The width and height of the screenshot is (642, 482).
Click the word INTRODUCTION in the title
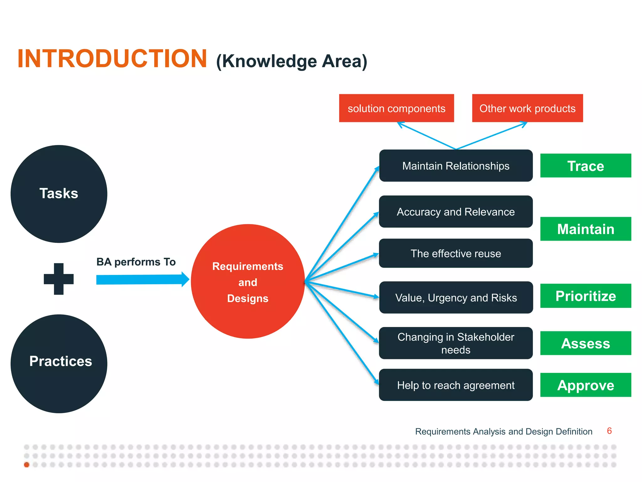[112, 59]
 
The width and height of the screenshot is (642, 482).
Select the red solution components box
[396, 108]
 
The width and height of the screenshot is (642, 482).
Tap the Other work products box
[527, 108]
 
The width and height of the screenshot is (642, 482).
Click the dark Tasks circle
[59, 194]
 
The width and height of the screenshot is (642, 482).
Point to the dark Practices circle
[59, 363]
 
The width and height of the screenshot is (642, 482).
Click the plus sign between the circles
[59, 279]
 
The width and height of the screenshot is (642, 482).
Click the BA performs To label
[136, 262]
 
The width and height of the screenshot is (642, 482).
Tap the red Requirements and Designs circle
[248, 281]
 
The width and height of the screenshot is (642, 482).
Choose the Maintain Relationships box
[456, 166]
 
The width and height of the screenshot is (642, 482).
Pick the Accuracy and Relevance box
[456, 212]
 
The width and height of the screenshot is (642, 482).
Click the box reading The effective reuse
[456, 253]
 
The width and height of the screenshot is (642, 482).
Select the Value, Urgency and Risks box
[456, 297]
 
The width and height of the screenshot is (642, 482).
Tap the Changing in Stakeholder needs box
[456, 343]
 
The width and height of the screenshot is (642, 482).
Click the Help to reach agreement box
[456, 385]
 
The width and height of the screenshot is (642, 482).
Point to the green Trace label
[586, 166]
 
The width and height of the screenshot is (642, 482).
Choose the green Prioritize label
[586, 296]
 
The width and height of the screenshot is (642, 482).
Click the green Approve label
[586, 385]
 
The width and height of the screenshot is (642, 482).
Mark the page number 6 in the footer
[609, 431]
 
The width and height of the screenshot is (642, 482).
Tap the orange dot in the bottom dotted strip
[27, 465]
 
